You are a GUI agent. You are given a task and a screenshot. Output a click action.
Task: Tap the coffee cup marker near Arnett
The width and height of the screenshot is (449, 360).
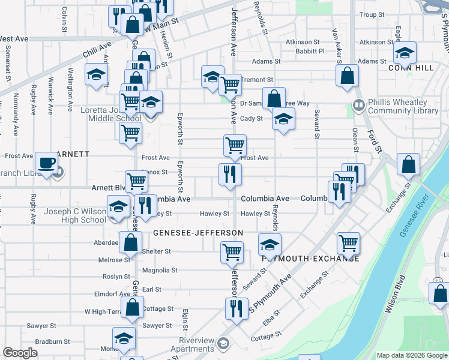pos(46,164)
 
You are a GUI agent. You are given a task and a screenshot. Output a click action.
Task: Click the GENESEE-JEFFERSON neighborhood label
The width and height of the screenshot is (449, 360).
pos(198,232)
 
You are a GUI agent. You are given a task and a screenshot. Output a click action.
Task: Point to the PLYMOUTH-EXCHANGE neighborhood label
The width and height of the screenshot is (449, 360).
pos(310,259)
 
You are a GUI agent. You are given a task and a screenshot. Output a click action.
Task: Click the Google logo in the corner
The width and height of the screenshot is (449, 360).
pos(20,353)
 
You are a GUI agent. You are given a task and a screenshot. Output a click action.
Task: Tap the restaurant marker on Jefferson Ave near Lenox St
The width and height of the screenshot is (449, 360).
pos(229,175)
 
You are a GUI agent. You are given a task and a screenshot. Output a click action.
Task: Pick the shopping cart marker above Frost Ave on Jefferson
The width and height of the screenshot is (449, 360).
pos(234,145)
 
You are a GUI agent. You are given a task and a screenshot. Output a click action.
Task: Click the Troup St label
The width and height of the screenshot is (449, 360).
pos(371,14)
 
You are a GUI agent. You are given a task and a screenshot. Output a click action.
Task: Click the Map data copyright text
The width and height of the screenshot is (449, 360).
pos(412,355)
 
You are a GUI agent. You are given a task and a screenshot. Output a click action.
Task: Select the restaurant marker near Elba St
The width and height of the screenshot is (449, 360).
pos(236,308)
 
